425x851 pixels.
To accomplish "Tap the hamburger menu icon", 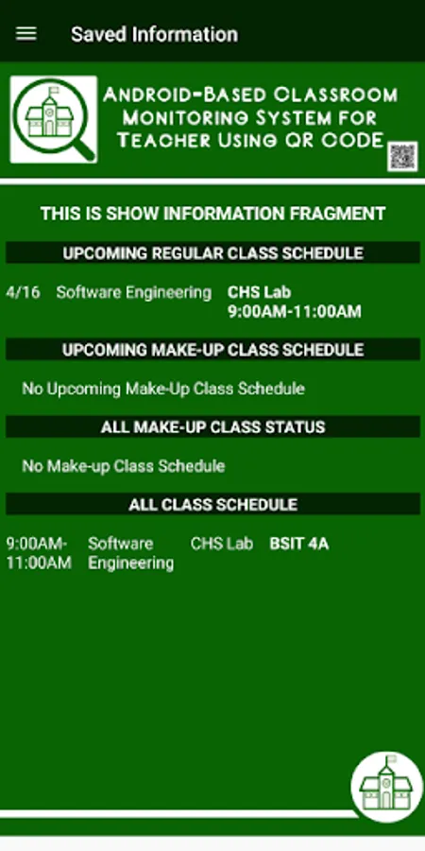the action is tap(26, 34).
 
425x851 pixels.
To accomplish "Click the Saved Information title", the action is tap(155, 34).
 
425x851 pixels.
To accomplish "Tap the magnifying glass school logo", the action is tap(54, 119).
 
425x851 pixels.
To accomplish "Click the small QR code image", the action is tap(402, 156).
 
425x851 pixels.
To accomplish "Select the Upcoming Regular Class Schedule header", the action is tap(213, 252).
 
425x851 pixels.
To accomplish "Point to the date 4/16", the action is tap(23, 292).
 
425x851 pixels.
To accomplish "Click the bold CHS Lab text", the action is tap(259, 292).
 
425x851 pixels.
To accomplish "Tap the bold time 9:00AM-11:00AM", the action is tap(295, 311).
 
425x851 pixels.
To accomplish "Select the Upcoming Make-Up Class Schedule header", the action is tap(213, 350).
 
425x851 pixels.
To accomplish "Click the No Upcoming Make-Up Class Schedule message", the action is tap(163, 389).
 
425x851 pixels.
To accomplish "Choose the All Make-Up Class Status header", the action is tap(213, 427).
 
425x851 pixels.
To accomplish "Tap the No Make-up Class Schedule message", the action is tap(124, 465).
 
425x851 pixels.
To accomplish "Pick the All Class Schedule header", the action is tap(213, 504).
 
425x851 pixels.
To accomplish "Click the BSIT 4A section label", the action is tap(299, 544).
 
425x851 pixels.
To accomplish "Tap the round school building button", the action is tap(386, 787).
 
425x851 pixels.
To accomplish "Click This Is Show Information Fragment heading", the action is tap(213, 214).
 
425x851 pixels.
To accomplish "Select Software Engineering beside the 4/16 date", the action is tap(134, 292).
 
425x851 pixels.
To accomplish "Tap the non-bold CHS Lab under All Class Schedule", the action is tap(222, 544).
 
